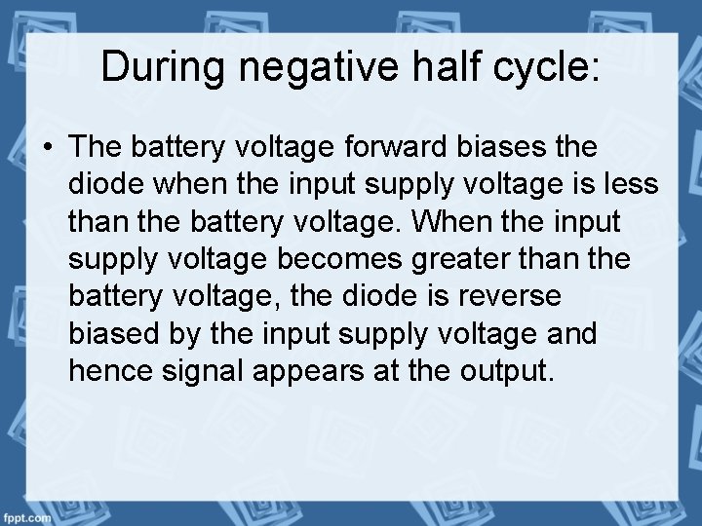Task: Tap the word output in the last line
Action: (x=508, y=369)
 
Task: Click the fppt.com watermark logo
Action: (x=26, y=516)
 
